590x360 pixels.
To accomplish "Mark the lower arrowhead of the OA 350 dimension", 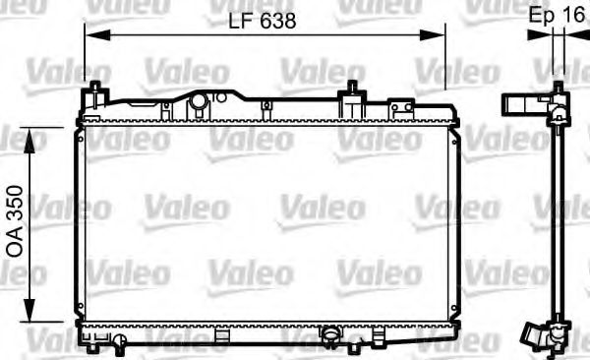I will coord(33,316).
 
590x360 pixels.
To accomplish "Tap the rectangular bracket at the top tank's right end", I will coord(401,107).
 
